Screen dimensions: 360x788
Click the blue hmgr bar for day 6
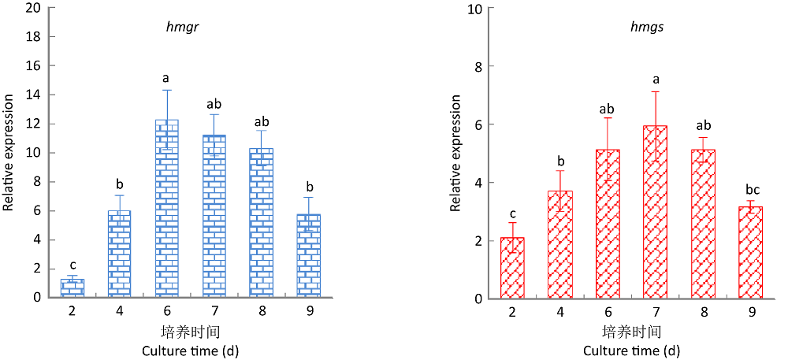click(166, 209)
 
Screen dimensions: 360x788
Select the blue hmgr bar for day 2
click(72, 288)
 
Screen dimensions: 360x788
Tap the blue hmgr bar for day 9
click(308, 255)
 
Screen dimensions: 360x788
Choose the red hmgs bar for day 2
click(512, 268)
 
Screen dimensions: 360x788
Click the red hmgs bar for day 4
click(559, 244)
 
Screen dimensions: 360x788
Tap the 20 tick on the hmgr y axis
click(35, 8)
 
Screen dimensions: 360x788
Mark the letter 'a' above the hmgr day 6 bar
click(166, 78)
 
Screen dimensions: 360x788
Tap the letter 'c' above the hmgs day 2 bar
click(512, 212)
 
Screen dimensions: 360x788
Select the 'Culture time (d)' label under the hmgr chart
click(190, 349)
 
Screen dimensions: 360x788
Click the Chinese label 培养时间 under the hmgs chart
click(631, 331)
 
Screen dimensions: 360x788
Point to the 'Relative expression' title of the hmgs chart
click(455, 153)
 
